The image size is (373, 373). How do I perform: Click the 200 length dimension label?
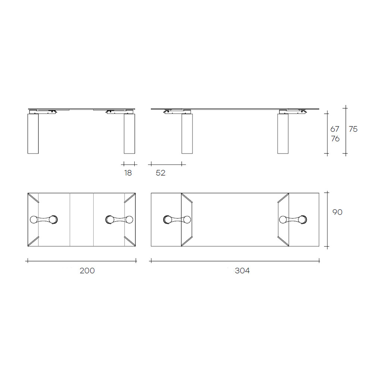87,271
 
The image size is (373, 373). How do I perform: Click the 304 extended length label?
242,271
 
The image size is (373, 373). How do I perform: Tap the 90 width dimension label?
337,212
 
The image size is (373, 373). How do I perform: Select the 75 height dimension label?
353,129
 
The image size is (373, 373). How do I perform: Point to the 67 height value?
335,129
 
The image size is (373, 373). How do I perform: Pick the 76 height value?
335,138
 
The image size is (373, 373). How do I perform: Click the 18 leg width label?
128,173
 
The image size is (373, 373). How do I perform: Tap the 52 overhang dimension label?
160,173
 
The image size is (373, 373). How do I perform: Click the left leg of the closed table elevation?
33,134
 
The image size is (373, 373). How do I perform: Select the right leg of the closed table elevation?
129,134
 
